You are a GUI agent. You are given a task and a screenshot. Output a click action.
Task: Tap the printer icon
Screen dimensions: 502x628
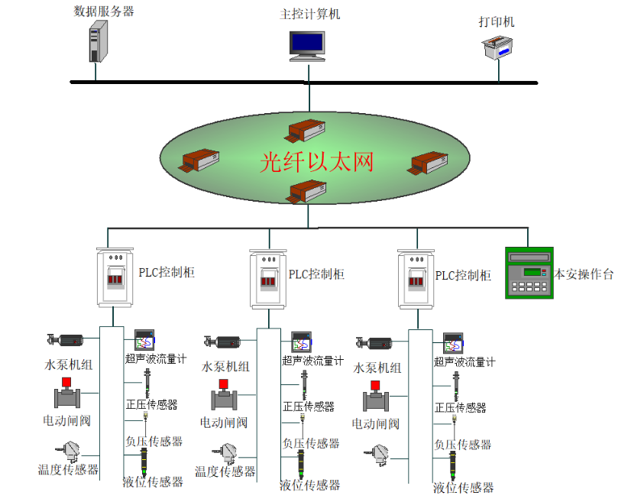click(x=497, y=51)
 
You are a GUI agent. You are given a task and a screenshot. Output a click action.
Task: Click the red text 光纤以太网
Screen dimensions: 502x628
click(x=316, y=162)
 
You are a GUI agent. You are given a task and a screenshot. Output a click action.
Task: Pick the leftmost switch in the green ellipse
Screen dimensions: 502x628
click(x=200, y=160)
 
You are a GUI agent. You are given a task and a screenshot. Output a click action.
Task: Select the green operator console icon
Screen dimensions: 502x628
click(x=528, y=271)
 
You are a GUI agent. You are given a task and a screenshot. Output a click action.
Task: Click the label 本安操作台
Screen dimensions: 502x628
click(x=584, y=274)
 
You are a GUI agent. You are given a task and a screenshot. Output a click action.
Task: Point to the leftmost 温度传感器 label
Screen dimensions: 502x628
click(x=69, y=470)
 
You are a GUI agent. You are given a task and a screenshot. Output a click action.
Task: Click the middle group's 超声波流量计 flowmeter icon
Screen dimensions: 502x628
click(x=301, y=341)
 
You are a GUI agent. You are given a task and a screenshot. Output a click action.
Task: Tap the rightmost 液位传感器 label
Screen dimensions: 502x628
click(x=464, y=487)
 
